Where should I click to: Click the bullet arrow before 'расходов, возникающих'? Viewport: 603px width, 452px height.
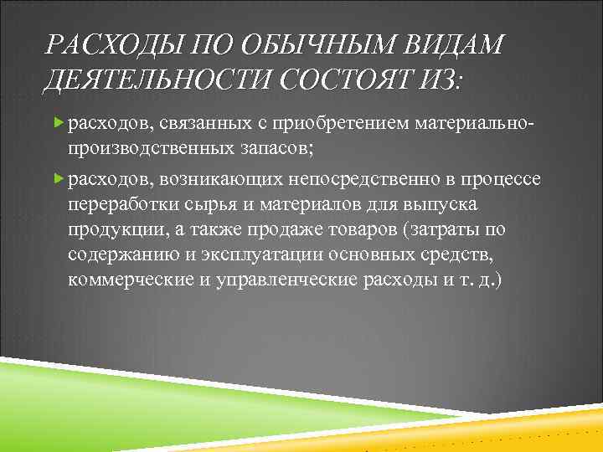tap(58, 178)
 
